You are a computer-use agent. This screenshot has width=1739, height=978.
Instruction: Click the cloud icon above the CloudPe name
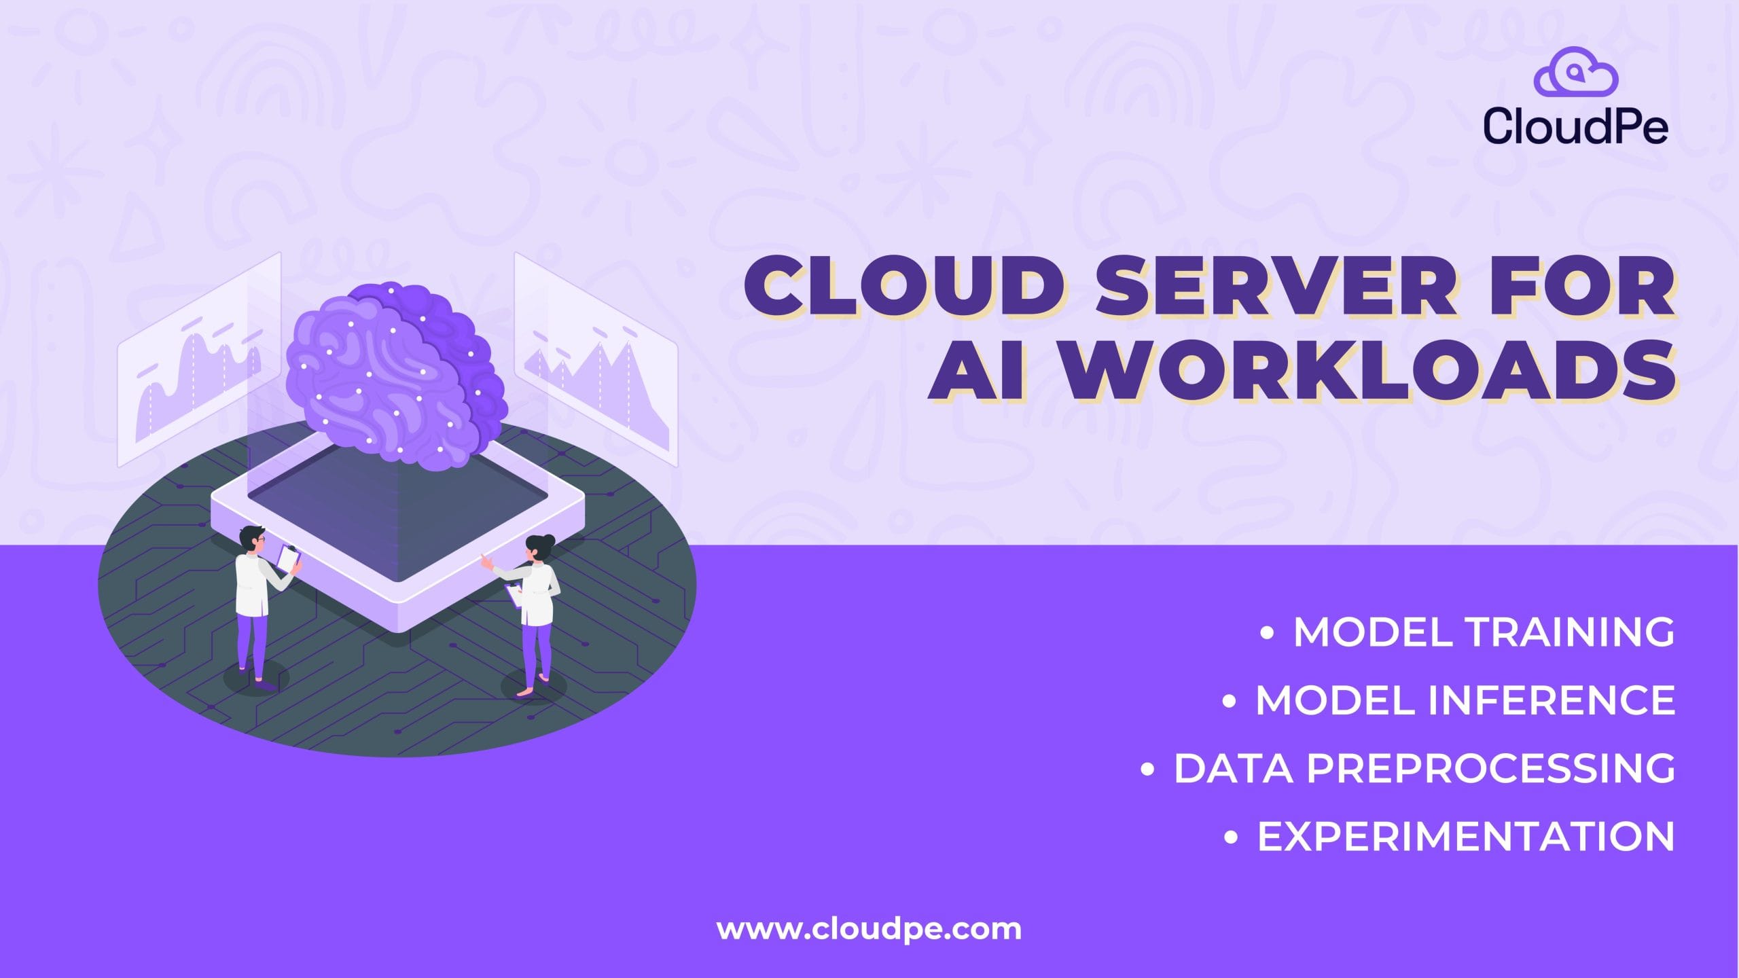click(x=1576, y=71)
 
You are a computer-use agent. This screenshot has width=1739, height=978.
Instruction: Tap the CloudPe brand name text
click(x=1575, y=125)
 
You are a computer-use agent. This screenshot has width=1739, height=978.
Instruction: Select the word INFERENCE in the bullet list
click(x=1552, y=700)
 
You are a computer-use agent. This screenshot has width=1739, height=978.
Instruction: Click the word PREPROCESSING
click(x=1491, y=768)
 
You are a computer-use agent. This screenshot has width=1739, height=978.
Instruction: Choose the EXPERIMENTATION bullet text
click(x=1466, y=836)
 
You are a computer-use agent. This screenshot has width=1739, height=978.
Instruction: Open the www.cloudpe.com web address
click(x=869, y=929)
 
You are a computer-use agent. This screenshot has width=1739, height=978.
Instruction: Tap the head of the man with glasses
click(x=253, y=539)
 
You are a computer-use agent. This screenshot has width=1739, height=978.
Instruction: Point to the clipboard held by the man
click(x=288, y=558)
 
